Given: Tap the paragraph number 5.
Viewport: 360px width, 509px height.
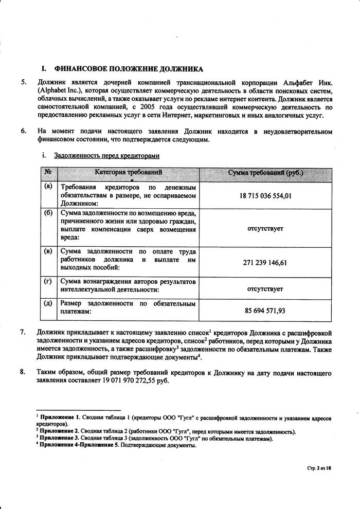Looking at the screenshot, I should tap(23, 82).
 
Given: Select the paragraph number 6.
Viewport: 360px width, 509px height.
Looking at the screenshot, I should tap(23, 132).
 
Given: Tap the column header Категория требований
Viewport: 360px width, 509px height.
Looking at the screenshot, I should tap(128, 172).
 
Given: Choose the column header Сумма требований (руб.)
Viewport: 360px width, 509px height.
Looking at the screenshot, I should tap(265, 172).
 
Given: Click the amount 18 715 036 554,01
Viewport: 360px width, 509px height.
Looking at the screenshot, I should tap(265, 195).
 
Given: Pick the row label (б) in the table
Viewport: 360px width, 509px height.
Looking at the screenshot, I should tap(48, 212).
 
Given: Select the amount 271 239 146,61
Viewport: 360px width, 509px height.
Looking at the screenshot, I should tap(265, 262).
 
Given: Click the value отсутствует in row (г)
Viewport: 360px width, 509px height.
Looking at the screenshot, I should tap(265, 289).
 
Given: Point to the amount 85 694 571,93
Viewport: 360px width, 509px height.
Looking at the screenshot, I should tap(265, 311).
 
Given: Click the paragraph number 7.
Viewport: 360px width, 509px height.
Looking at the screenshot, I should tap(23, 332).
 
